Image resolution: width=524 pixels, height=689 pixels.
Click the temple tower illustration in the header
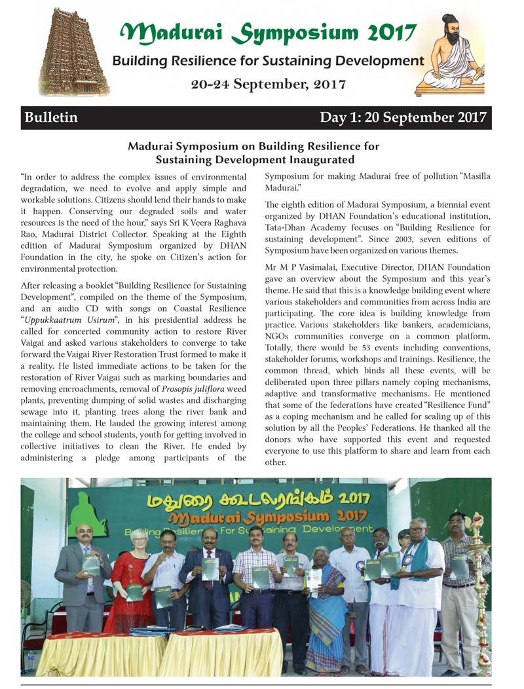73,52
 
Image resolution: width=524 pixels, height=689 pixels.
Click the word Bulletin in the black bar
51,118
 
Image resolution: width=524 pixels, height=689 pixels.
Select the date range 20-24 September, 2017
269,84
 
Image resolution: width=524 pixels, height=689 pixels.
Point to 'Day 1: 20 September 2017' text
403,118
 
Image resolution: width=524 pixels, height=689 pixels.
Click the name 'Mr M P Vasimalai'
302,267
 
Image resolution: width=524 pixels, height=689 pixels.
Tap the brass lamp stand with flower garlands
483,589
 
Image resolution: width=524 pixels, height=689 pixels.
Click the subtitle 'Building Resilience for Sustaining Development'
268,61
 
